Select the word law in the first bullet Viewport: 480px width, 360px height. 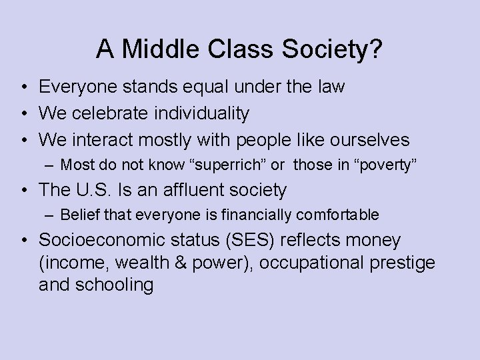pyautogui.click(x=331, y=87)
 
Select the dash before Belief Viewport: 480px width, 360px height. pyautogui.click(x=51, y=215)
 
